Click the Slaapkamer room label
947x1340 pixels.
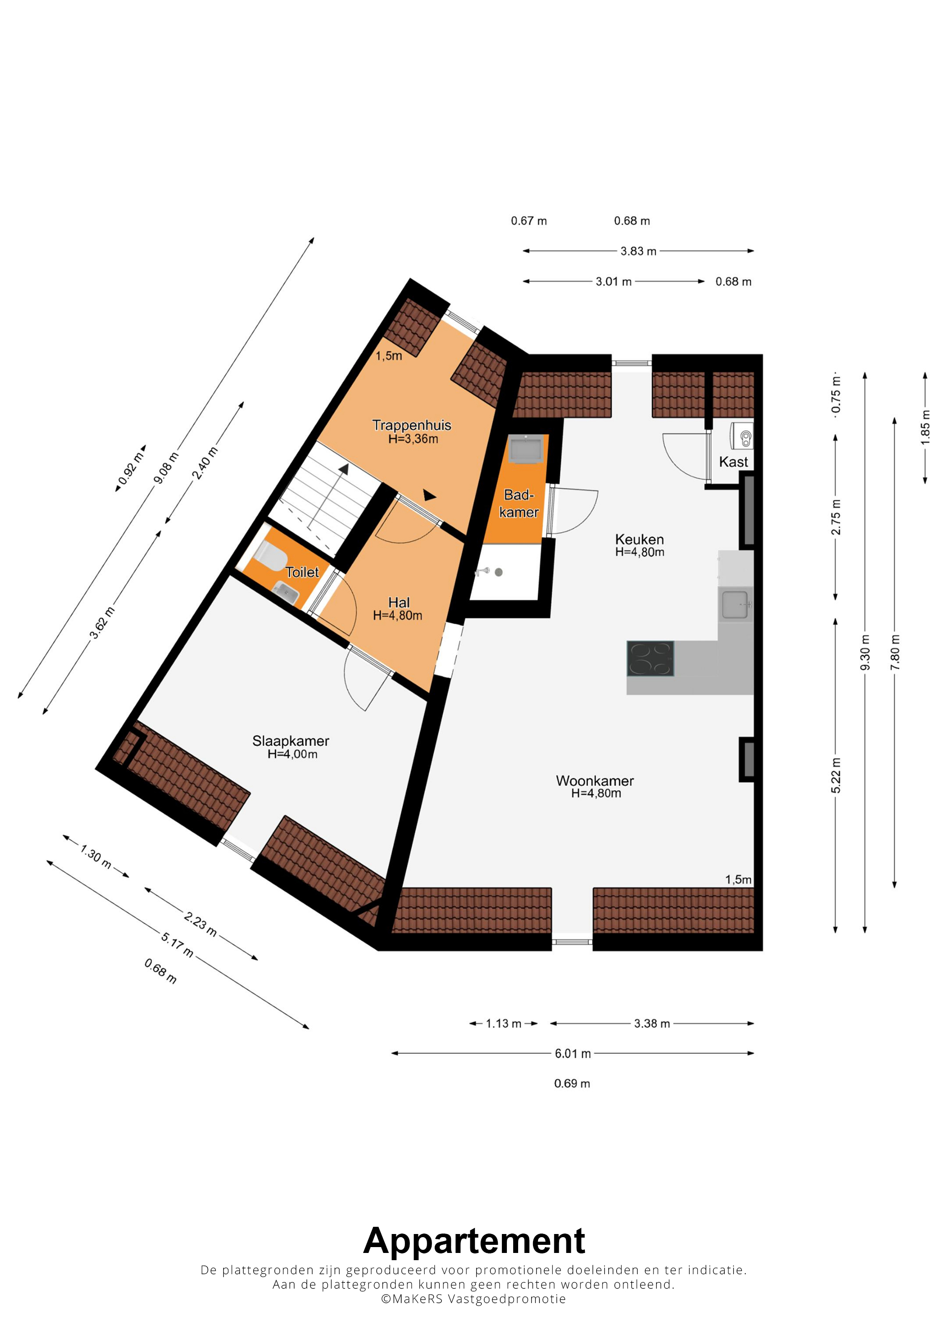click(290, 741)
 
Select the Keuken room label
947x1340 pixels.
click(639, 539)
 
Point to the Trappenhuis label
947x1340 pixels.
click(412, 425)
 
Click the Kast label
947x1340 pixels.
click(733, 462)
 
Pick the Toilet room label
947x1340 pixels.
click(302, 572)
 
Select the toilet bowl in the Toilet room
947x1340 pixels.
click(270, 555)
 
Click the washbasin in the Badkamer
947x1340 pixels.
click(526, 449)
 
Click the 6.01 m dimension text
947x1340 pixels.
click(572, 1054)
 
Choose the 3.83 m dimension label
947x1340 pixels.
click(639, 251)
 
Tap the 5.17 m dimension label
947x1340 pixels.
click(177, 945)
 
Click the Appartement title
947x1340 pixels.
click(474, 1241)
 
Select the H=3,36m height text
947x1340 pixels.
click(413, 439)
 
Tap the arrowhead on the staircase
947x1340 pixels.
click(344, 469)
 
